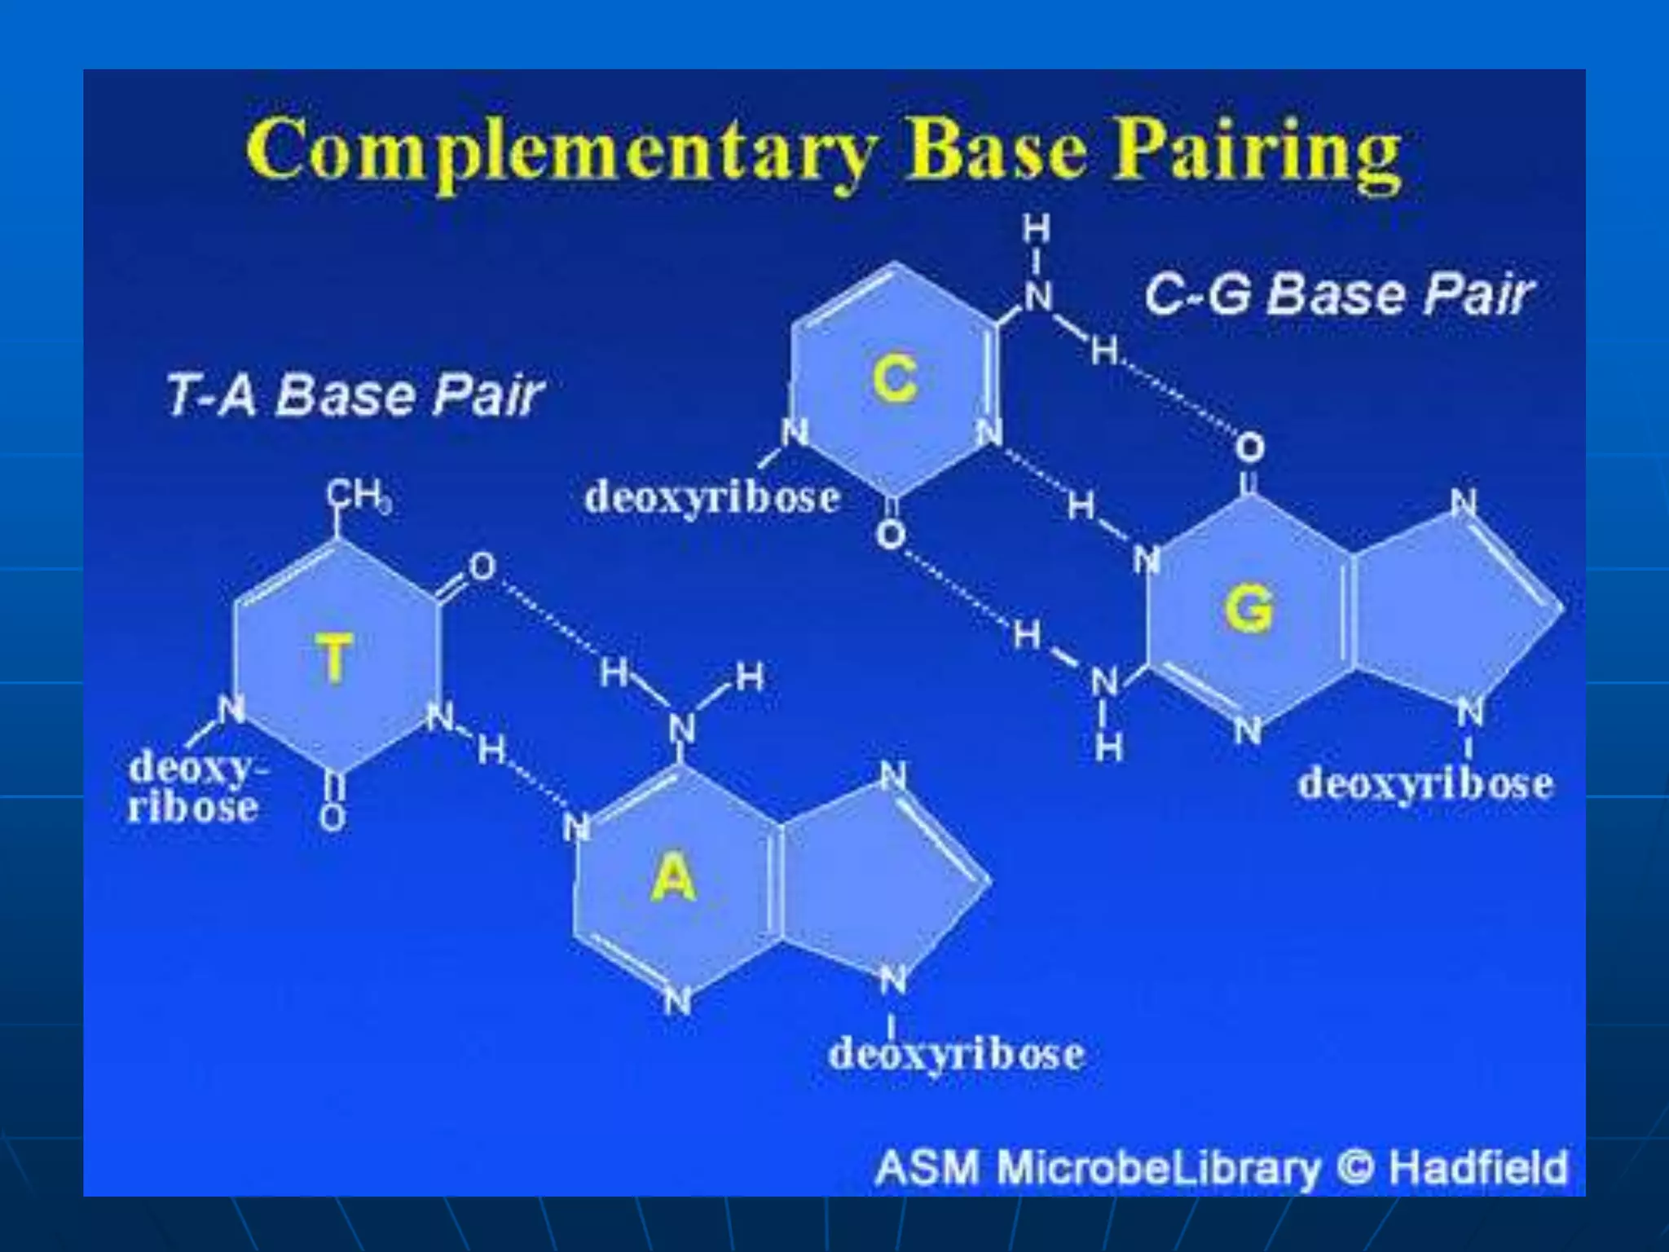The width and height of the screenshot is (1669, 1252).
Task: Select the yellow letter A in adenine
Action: tap(674, 878)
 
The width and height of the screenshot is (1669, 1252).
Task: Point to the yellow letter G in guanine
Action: tap(1248, 609)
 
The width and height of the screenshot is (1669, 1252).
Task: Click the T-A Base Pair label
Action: tap(354, 395)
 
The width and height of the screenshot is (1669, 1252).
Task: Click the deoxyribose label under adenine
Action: tap(956, 1053)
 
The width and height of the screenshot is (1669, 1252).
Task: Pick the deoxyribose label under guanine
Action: tap(1425, 783)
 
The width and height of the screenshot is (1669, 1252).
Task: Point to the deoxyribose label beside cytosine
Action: tap(712, 496)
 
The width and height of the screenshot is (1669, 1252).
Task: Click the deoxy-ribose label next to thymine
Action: tap(195, 787)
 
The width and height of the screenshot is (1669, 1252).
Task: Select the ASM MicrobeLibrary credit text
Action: tap(1097, 1166)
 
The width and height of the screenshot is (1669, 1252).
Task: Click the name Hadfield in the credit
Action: tap(1477, 1166)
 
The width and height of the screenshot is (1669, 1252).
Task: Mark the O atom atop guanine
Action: tap(1249, 447)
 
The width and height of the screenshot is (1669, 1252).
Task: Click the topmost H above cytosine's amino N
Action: tap(1037, 231)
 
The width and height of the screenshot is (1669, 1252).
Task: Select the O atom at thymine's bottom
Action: tap(332, 816)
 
